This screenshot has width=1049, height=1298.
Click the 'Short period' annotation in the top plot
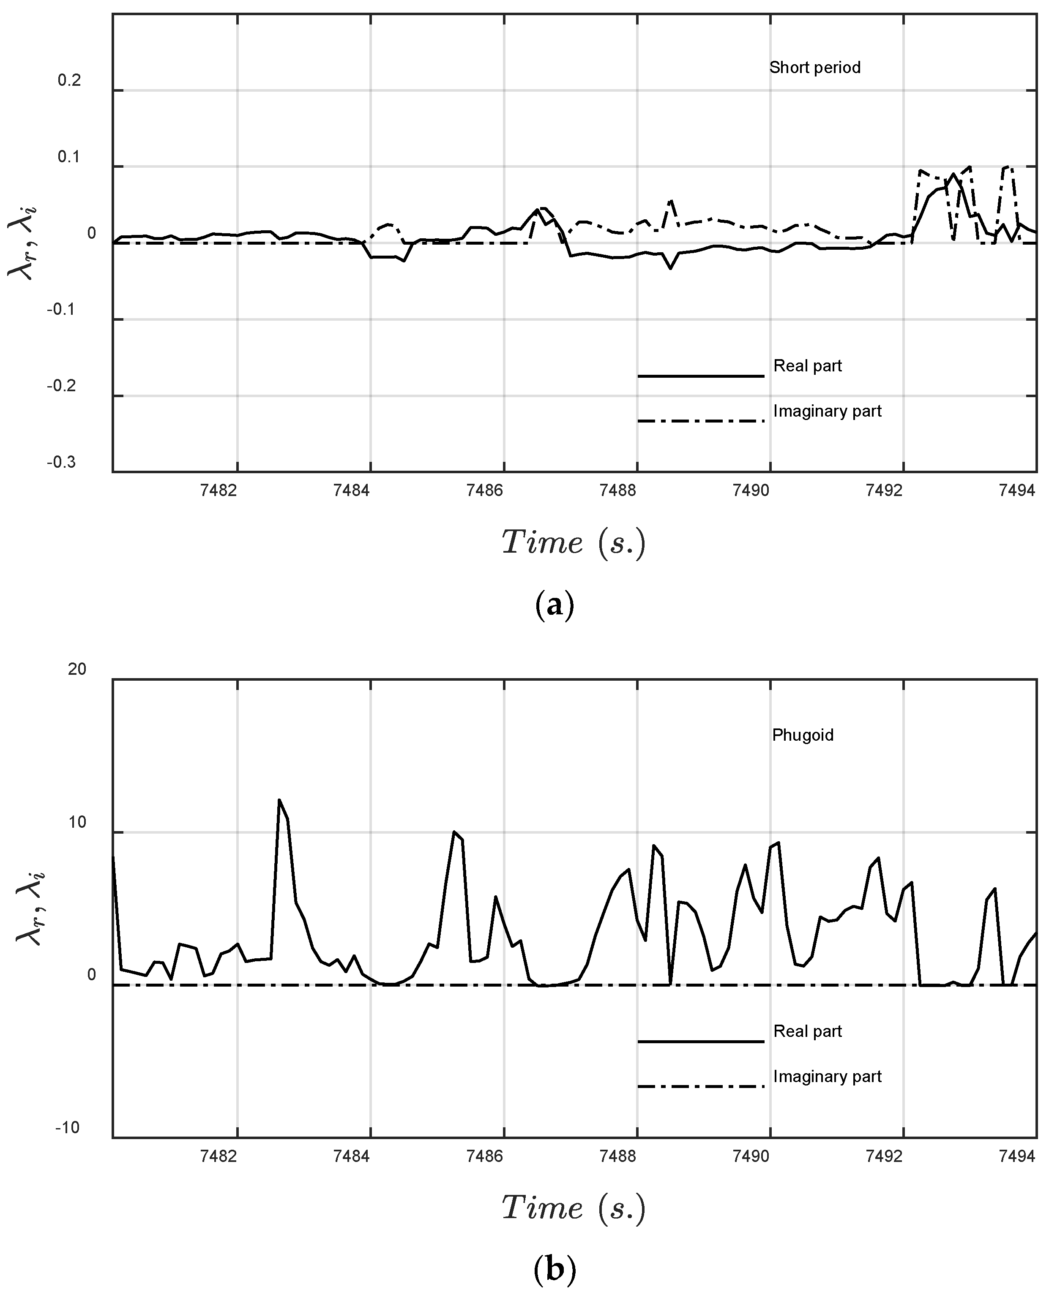coord(814,68)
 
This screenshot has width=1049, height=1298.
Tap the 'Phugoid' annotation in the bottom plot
coord(803,735)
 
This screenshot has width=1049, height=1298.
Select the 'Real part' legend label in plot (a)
coord(807,366)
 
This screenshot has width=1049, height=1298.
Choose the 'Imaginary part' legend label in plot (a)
coord(827,411)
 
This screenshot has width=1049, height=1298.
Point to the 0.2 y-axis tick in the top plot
coord(69,80)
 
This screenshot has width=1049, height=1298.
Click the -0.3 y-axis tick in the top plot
coord(62,463)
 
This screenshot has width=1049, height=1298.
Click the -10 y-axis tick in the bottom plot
coord(67,1128)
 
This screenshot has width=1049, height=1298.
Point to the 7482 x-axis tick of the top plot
coord(219,491)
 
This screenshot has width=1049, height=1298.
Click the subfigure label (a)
coord(554,605)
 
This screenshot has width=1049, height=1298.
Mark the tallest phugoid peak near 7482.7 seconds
coord(279,800)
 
